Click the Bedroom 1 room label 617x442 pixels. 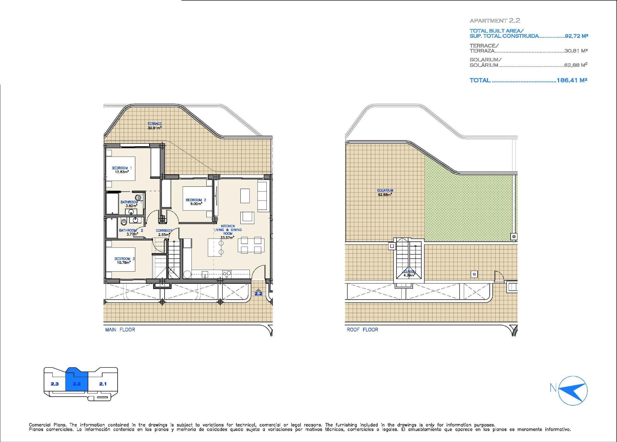click(x=122, y=170)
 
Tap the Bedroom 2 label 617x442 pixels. click(x=196, y=202)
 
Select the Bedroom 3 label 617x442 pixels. click(x=124, y=260)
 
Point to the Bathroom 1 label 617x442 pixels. click(x=131, y=204)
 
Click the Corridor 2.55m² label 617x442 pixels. click(x=164, y=232)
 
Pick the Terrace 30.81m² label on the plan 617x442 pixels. click(x=155, y=126)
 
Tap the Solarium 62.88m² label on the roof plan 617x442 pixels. click(x=385, y=192)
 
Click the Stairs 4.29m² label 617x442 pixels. click(x=409, y=274)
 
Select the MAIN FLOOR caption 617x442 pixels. click(x=120, y=329)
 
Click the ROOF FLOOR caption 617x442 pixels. click(x=362, y=329)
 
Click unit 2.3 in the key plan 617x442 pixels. click(x=55, y=384)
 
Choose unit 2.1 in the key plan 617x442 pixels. click(x=103, y=384)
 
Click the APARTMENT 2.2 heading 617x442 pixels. click(x=495, y=21)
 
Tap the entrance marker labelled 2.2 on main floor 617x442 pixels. click(x=258, y=292)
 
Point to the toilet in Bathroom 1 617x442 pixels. click(x=139, y=197)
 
